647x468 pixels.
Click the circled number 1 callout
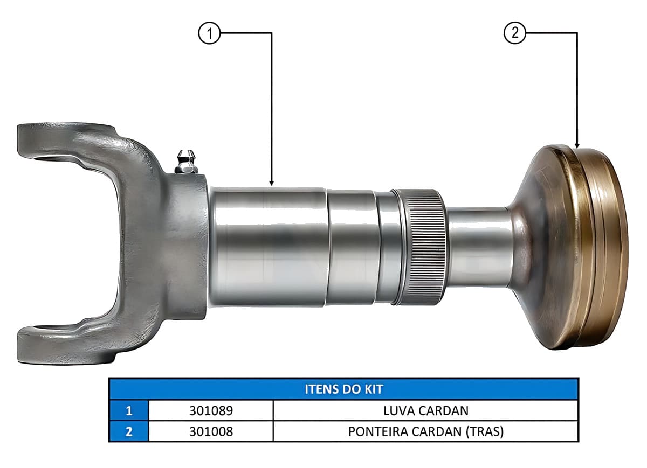pyautogui.click(x=209, y=33)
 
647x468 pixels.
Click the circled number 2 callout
pyautogui.click(x=515, y=33)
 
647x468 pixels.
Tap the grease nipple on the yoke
pyautogui.click(x=186, y=162)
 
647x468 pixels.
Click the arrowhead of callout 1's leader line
pyautogui.click(x=271, y=183)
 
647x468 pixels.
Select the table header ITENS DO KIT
pyautogui.click(x=344, y=389)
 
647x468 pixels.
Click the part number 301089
pyautogui.click(x=211, y=410)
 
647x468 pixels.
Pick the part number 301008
pyautogui.click(x=211, y=431)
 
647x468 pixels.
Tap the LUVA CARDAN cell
pyautogui.click(x=426, y=410)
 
